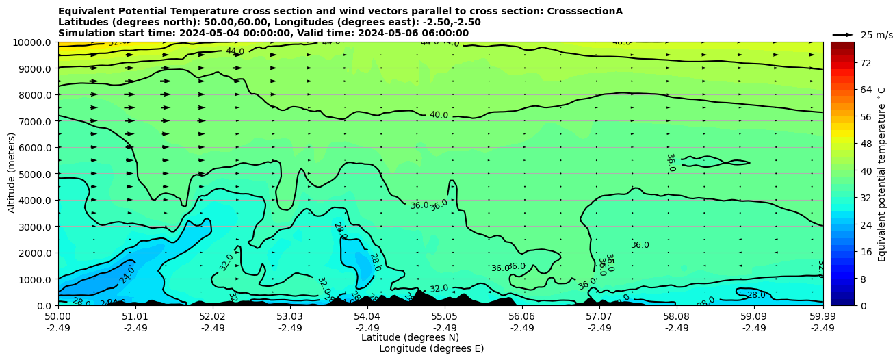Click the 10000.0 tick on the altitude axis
pos(32,42)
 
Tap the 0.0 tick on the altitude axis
pos(45,306)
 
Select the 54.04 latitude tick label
pos(367,317)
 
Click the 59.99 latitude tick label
pos(822,317)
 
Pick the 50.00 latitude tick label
pos(58,317)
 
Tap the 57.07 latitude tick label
pos(599,317)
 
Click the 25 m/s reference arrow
pos(843,34)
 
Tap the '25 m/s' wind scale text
pos(877,35)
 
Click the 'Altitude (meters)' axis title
pos(12,174)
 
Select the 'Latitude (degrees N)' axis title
pos(410,337)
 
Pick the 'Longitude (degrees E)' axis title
pos(431,348)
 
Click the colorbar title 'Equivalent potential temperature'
pos(882,174)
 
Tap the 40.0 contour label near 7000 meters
pos(439,115)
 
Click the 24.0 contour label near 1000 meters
pos(127,275)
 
